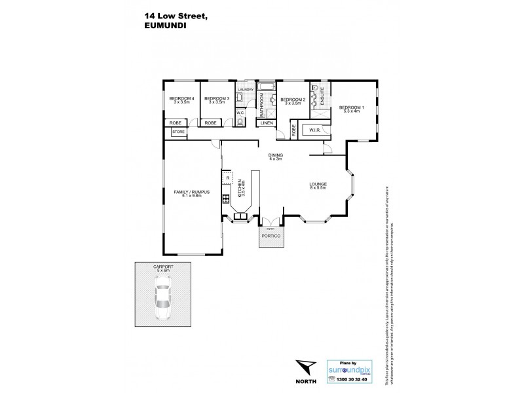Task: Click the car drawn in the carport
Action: (x=160, y=296)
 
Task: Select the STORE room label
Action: (x=178, y=132)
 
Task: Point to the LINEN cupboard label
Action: (x=266, y=122)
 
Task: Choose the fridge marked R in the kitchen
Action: (x=227, y=178)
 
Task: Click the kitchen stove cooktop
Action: (x=225, y=198)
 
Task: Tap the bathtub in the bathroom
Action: (x=266, y=86)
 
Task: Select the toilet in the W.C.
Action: (x=240, y=121)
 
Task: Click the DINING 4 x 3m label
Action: (x=275, y=157)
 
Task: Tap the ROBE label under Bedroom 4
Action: (x=176, y=122)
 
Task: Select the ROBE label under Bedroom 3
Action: (x=210, y=122)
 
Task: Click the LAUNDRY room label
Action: (x=246, y=90)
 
